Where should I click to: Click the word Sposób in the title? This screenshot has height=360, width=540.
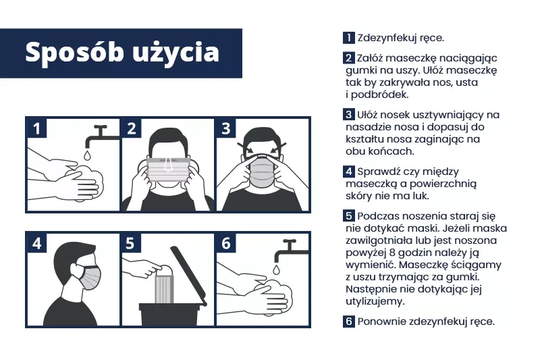click(74, 53)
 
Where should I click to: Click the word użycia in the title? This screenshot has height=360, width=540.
click(176, 53)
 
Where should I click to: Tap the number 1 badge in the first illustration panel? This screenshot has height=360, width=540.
click(36, 128)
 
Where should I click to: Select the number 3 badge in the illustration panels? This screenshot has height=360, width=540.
click(225, 128)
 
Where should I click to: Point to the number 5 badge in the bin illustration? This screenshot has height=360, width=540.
click(130, 243)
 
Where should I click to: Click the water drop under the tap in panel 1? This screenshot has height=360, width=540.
click(87, 155)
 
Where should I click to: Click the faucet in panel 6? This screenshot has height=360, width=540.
click(290, 251)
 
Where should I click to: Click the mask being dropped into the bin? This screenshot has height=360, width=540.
click(165, 288)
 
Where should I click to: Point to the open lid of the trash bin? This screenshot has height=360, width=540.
click(189, 276)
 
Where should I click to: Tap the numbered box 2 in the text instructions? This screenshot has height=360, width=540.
click(348, 57)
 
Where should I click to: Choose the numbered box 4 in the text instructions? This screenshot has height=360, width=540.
click(348, 171)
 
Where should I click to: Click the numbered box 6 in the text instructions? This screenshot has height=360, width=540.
click(348, 321)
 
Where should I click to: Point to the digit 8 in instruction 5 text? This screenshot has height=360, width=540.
click(391, 253)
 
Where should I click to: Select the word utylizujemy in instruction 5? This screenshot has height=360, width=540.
click(375, 302)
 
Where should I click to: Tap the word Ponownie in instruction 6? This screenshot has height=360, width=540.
click(380, 322)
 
